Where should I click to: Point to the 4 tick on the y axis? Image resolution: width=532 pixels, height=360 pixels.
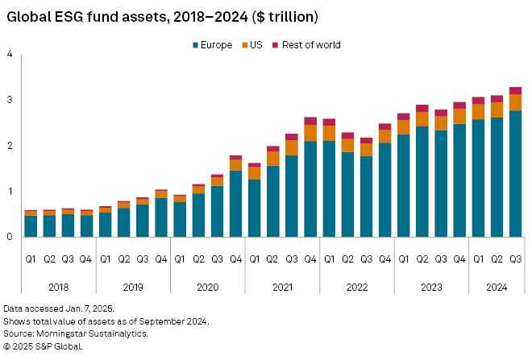[x=10, y=55]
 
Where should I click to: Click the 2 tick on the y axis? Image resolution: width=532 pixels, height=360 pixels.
[x=10, y=146]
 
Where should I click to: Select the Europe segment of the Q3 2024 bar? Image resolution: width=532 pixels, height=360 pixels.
[x=515, y=173]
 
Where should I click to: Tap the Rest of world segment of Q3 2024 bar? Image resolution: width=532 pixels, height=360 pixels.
[x=515, y=90]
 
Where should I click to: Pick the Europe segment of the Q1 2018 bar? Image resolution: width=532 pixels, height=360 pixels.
[x=31, y=226]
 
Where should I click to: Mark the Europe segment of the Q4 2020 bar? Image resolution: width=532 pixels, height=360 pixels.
[x=235, y=204]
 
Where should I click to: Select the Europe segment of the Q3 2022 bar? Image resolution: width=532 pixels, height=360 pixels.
[x=366, y=197]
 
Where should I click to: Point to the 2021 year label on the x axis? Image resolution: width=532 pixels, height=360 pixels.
[x=282, y=285]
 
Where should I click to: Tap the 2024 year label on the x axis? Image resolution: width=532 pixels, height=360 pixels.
[x=497, y=285]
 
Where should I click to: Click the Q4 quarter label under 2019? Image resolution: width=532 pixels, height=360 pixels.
[x=161, y=259]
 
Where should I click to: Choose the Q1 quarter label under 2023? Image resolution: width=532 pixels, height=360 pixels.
[x=404, y=259]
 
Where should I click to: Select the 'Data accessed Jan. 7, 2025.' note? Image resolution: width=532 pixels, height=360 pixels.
[x=58, y=308]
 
